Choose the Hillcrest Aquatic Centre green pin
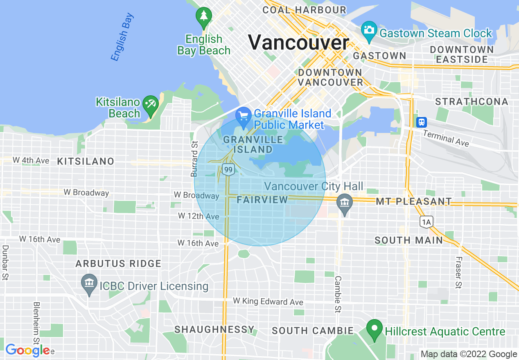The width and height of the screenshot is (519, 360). [374, 329]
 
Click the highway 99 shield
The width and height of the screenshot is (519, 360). [228, 169]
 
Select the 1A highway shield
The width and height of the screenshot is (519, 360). [426, 222]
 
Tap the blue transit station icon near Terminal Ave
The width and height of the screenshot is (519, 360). [422, 122]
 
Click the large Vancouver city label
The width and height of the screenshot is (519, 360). [298, 43]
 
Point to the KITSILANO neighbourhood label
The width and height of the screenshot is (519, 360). [86, 162]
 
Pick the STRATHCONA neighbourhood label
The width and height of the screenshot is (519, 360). [472, 102]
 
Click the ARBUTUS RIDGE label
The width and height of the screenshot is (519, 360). [118, 264]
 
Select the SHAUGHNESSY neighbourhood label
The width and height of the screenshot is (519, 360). [214, 330]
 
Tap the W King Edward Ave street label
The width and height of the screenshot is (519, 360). [268, 301]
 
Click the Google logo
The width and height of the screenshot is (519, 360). [27, 351]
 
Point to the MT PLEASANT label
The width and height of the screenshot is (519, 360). [414, 202]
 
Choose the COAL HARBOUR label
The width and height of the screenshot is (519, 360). [305, 10]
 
